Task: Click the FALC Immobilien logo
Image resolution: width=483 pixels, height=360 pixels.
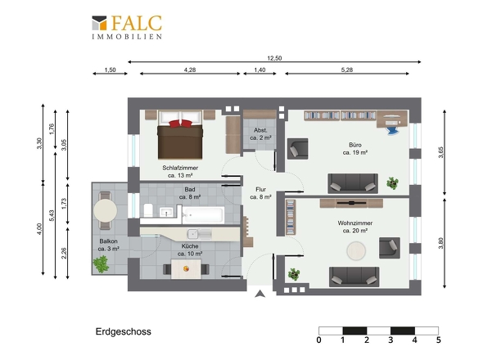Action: tap(127, 27)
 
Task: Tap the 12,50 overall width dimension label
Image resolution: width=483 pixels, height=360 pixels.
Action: tap(274, 58)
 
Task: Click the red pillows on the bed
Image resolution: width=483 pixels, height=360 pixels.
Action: tap(180, 124)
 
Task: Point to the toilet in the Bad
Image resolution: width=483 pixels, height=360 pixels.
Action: tap(148, 210)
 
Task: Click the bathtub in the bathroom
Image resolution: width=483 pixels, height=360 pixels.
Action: tap(203, 214)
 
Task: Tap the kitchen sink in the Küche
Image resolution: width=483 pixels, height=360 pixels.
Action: tap(193, 234)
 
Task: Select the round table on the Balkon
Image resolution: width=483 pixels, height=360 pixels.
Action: tap(106, 210)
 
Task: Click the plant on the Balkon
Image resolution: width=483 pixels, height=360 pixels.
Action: tap(101, 264)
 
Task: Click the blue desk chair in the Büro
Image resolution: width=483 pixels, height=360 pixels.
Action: tap(392, 130)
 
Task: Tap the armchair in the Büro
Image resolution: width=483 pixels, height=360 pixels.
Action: tap(297, 149)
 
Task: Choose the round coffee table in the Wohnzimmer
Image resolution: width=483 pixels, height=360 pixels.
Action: tap(356, 250)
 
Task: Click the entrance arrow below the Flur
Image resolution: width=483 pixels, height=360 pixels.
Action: tap(260, 294)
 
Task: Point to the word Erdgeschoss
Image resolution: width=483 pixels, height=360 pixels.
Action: tap(124, 331)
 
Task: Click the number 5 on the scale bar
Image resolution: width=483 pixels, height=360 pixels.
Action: tap(438, 340)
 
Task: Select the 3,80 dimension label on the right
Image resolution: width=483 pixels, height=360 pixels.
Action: tap(440, 243)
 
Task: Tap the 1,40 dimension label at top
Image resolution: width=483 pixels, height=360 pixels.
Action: tap(260, 70)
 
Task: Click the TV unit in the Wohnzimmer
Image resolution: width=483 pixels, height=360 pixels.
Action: tap(351, 203)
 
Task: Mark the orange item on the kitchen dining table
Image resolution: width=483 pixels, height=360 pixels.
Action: tap(186, 269)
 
